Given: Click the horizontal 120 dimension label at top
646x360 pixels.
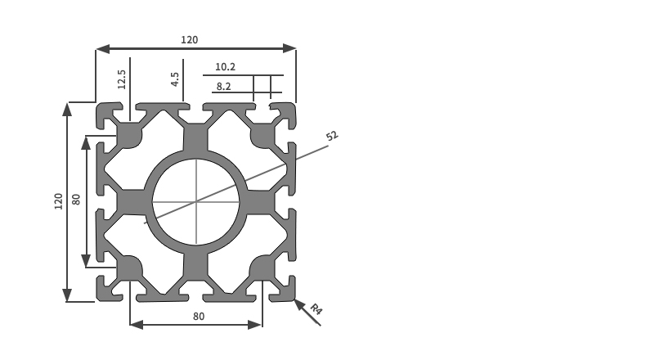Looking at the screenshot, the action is coord(190,40).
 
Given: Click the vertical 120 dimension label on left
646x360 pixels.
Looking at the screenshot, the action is coord(59,201).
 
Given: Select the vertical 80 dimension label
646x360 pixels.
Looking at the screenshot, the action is coord(76,200).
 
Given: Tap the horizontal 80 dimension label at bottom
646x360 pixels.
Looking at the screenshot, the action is coord(199,317).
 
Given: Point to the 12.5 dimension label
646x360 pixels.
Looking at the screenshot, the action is coord(121,79).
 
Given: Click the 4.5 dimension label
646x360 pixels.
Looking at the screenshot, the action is coord(175,79).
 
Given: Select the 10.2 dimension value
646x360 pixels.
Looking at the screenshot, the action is coord(225,67).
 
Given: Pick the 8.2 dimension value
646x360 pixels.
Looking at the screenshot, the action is coord(223,87).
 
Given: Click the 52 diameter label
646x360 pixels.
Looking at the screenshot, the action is coord(332,136).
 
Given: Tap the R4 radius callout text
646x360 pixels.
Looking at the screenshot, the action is coord(316,309).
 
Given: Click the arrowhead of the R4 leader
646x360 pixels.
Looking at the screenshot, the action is coord(298,304).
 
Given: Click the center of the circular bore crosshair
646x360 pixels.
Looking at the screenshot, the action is coord(196,201).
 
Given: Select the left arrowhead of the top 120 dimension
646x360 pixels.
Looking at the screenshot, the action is coord(103,49).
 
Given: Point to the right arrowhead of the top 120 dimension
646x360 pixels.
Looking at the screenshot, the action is coord(289,49).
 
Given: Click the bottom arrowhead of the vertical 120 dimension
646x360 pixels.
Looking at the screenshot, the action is coord(67,295).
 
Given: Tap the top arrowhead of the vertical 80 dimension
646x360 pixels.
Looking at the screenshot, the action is coord(86,142).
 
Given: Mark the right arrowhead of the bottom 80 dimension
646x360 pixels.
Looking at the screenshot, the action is coord(255,325).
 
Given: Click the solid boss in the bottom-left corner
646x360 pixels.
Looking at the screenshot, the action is coord(128,268).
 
